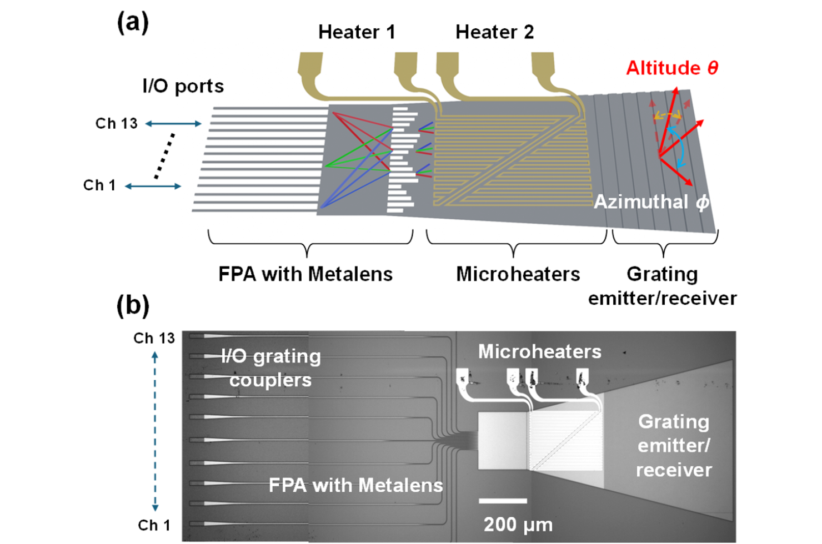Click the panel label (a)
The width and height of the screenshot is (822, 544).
133,23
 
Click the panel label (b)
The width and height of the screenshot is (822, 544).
133,306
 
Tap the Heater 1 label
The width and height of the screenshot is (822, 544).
357,32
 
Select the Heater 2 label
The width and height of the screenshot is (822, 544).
494,32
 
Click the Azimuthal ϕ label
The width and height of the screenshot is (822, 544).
651,202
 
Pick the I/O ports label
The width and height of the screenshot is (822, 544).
183,86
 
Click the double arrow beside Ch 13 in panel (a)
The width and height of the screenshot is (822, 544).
173,124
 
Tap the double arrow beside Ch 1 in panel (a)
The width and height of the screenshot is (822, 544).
153,187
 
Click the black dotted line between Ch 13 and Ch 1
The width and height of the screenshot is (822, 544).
165,155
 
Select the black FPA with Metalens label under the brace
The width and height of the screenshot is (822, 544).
305,274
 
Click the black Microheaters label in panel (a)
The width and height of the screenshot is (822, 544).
518,274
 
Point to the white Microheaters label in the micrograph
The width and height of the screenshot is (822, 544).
539,351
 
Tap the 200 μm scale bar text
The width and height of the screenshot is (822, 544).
518,524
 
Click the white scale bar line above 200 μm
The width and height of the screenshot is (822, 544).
503,501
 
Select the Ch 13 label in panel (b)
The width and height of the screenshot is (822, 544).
154,338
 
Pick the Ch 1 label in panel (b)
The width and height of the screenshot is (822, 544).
154,525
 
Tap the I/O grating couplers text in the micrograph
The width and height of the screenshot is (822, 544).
270,367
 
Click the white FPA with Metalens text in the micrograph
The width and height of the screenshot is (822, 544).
355,485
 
